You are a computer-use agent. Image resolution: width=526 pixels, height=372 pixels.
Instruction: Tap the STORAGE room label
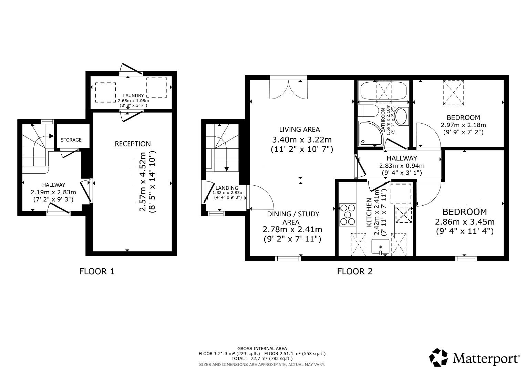[71, 140]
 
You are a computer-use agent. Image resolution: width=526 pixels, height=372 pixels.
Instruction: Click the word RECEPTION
[133, 144]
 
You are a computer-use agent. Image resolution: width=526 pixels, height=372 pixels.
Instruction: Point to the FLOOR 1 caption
[97, 271]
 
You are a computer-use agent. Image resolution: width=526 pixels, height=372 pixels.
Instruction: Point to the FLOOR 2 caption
[355, 271]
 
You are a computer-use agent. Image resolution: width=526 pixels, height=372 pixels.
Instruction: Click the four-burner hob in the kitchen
[348, 215]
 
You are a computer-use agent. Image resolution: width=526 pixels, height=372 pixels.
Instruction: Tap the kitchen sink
[380, 247]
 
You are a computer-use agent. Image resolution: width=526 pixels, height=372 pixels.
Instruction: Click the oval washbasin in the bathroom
[401, 116]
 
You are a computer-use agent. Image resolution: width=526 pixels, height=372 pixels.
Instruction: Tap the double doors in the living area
[288, 88]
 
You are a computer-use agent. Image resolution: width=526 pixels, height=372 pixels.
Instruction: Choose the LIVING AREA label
[299, 130]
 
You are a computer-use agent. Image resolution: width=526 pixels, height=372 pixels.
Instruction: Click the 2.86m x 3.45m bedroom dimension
[465, 222]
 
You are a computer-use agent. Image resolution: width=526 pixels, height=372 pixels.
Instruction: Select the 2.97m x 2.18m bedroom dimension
[463, 125]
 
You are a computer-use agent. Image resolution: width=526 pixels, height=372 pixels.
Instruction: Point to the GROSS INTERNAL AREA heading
[262, 348]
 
